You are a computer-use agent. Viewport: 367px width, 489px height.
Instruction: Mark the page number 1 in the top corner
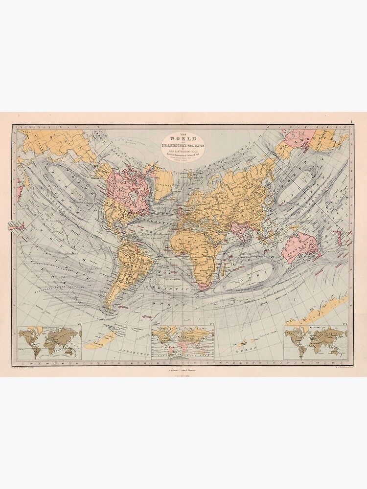(x=351, y=122)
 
